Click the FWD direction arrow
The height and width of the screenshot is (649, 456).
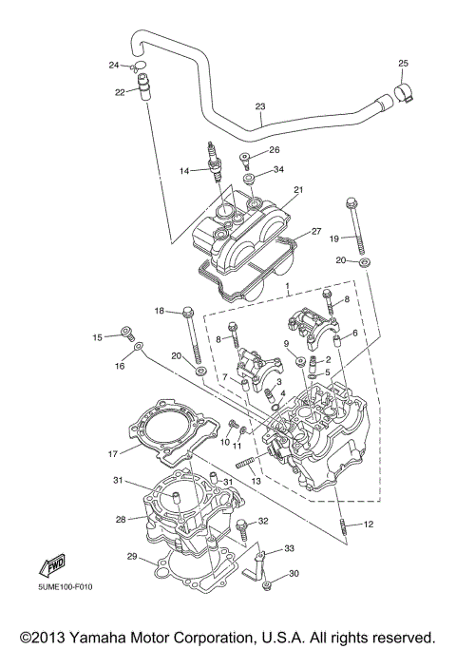(52, 564)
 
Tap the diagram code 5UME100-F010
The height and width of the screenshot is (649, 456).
(66, 587)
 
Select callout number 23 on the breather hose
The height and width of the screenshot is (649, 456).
(260, 106)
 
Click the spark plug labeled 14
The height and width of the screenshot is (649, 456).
(215, 163)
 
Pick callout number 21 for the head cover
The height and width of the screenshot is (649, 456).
(298, 189)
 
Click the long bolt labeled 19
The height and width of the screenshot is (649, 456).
(356, 226)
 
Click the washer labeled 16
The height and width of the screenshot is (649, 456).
(139, 345)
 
